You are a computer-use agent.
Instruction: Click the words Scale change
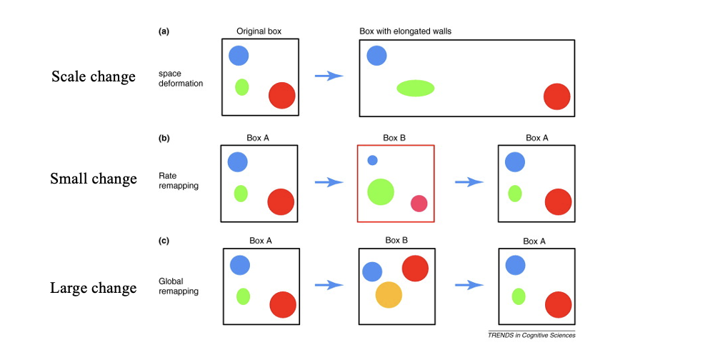pyautogui.click(x=93, y=76)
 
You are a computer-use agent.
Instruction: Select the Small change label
pyautogui.click(x=93, y=179)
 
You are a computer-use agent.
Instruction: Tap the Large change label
pyautogui.click(x=93, y=288)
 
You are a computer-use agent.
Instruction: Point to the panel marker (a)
pyautogui.click(x=164, y=31)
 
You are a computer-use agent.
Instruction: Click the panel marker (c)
pyautogui.click(x=164, y=241)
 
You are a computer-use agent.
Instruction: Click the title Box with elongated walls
pyautogui.click(x=405, y=31)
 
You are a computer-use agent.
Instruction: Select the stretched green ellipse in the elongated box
pyautogui.click(x=415, y=88)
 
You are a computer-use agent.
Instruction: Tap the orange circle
pyautogui.click(x=389, y=294)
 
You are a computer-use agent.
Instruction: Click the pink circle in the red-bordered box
pyautogui.click(x=419, y=204)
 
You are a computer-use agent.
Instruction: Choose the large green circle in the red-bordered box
pyautogui.click(x=381, y=191)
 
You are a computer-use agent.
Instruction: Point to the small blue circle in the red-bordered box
pyautogui.click(x=372, y=160)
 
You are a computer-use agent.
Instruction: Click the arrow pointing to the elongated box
pyautogui.click(x=329, y=76)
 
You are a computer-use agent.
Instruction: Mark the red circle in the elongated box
pyautogui.click(x=556, y=97)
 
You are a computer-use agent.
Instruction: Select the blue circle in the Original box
pyautogui.click(x=239, y=55)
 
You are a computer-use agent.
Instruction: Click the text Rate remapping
pyautogui.click(x=178, y=180)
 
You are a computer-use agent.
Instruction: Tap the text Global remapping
pyautogui.click(x=179, y=286)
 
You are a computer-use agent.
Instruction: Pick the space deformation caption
pyautogui.click(x=181, y=79)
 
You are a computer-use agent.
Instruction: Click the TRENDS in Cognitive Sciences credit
pyautogui.click(x=531, y=335)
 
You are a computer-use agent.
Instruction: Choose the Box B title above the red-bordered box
pyautogui.click(x=394, y=138)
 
